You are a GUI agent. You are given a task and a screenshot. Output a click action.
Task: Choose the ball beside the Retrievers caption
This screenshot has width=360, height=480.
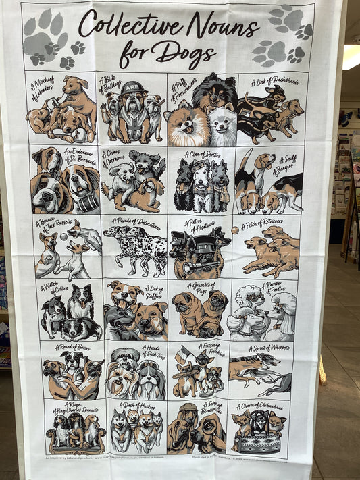coord(235,230)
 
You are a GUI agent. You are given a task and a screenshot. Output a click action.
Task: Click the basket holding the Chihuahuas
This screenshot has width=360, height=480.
coord(259,444)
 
